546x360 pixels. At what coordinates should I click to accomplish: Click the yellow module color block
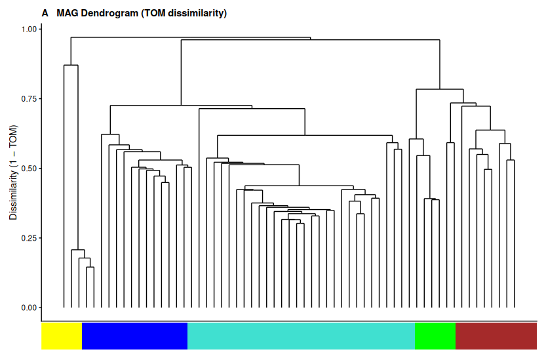click(62, 336)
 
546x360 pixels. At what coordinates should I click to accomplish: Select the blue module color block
click(134, 336)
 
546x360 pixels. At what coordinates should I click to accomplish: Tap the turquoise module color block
click(301, 336)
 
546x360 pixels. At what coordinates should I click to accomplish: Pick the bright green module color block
click(435, 336)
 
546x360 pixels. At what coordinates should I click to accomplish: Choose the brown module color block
click(496, 336)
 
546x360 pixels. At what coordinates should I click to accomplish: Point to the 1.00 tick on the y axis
click(30, 30)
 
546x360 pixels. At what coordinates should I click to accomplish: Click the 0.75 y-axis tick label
click(30, 99)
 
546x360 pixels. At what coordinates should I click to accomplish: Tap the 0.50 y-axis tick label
click(30, 169)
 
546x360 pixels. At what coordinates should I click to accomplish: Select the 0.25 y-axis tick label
click(30, 238)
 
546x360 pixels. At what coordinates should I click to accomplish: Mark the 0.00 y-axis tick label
click(30, 308)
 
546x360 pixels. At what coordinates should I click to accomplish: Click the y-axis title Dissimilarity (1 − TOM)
click(13, 172)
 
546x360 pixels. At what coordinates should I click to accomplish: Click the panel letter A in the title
click(45, 13)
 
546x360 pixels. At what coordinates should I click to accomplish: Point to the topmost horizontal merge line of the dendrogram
click(190, 38)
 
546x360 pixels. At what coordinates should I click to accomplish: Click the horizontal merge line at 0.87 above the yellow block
click(71, 66)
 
